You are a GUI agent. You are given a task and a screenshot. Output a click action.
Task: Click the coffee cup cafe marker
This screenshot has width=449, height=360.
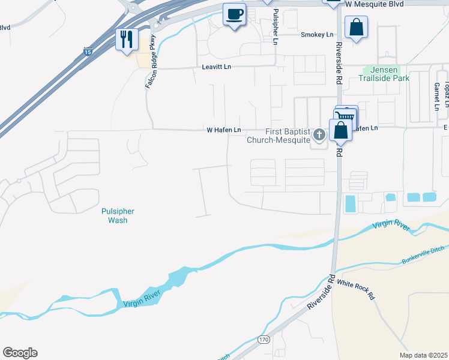tap(234, 14)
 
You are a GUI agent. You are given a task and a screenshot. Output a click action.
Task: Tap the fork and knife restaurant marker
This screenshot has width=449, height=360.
tap(127, 40)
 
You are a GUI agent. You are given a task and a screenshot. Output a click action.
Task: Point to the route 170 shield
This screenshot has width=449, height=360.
tap(264, 340)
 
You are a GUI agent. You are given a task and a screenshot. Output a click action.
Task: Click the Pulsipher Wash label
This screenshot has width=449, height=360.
tap(118, 215)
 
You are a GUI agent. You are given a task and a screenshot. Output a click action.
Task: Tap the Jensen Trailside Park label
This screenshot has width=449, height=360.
tap(384, 74)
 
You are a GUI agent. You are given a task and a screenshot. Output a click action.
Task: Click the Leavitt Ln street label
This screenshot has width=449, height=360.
tap(217, 68)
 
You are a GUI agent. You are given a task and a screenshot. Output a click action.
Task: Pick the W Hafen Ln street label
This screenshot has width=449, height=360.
tap(223, 130)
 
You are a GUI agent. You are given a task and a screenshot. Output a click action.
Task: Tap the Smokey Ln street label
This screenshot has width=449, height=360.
tap(317, 35)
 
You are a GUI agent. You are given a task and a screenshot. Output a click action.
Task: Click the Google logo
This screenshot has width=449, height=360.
tap(20, 353)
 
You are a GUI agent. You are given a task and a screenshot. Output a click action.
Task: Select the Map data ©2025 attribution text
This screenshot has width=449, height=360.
tap(423, 355)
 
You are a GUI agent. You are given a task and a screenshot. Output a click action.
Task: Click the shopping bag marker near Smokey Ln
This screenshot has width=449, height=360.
tap(356, 27)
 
